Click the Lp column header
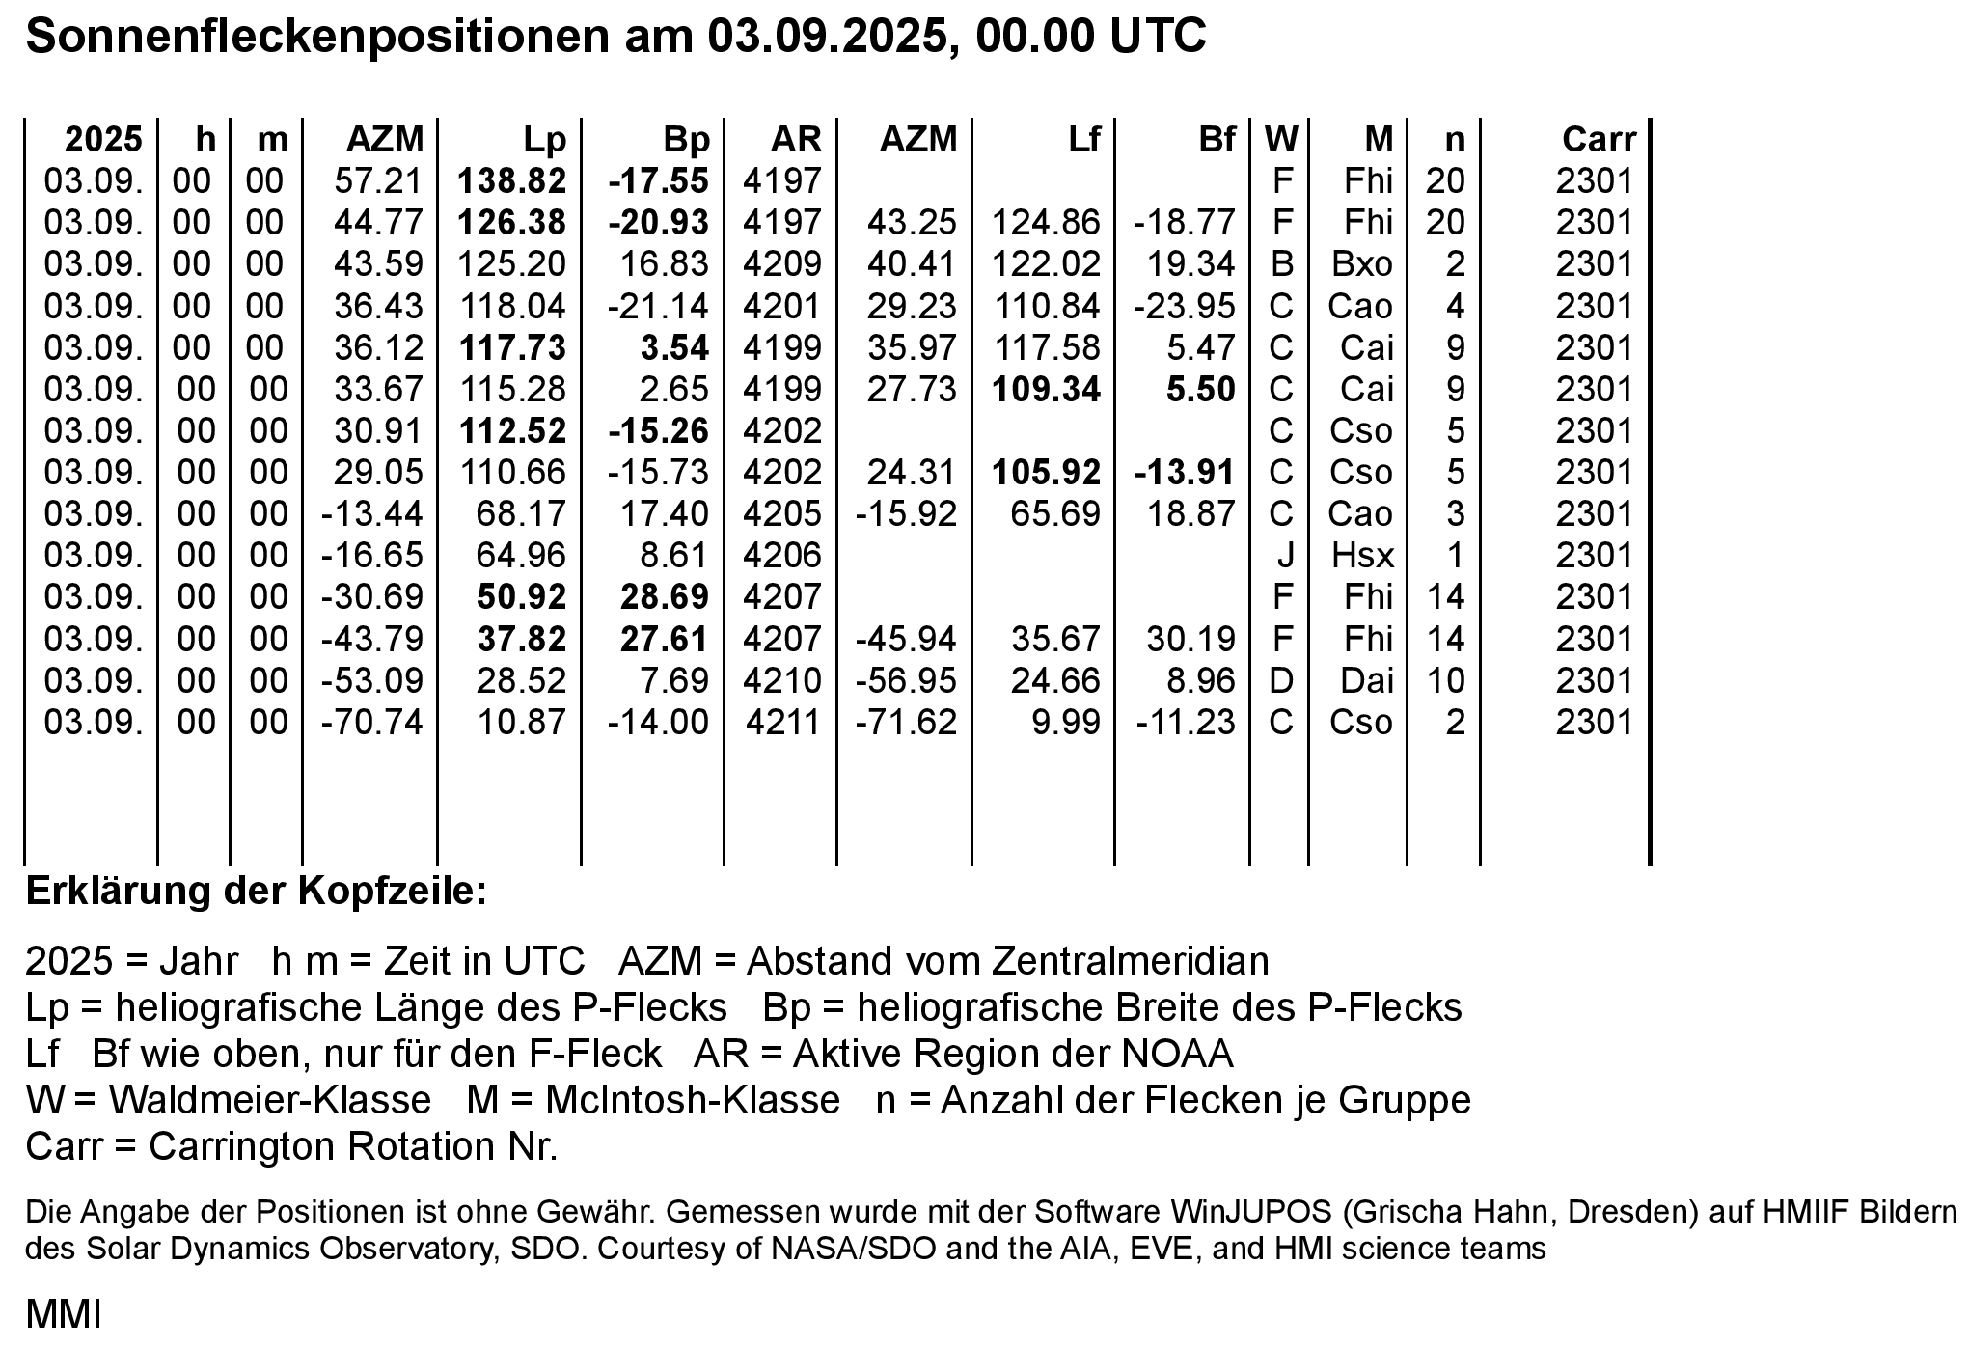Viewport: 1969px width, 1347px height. (x=544, y=140)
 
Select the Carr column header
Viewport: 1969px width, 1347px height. (x=1599, y=140)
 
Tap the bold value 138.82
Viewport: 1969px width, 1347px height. (x=511, y=180)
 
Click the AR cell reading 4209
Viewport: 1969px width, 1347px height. (x=781, y=263)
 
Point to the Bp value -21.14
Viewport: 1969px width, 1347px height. (x=658, y=306)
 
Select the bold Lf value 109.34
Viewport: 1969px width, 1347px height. (x=1046, y=389)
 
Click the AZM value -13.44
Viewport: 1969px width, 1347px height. (x=371, y=513)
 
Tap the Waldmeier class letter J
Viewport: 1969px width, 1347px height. (x=1284, y=555)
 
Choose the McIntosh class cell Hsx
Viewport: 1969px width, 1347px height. (x=1362, y=555)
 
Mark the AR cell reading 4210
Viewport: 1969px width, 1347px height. (x=781, y=680)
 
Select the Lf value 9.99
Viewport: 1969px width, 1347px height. (x=1065, y=722)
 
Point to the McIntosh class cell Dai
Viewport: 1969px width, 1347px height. (x=1366, y=680)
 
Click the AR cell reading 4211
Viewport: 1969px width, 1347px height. (x=781, y=722)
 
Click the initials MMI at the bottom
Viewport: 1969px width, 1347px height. (x=63, y=1314)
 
